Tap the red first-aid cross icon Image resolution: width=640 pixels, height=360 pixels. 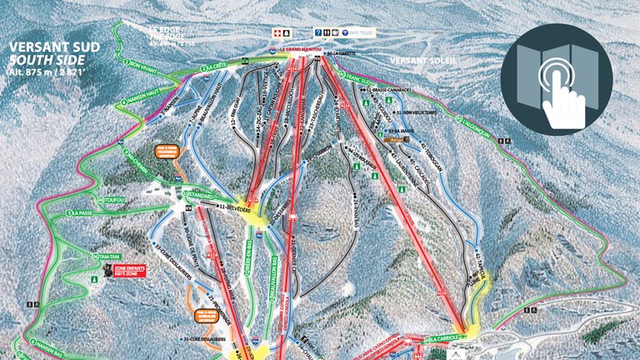(x=277, y=33)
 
